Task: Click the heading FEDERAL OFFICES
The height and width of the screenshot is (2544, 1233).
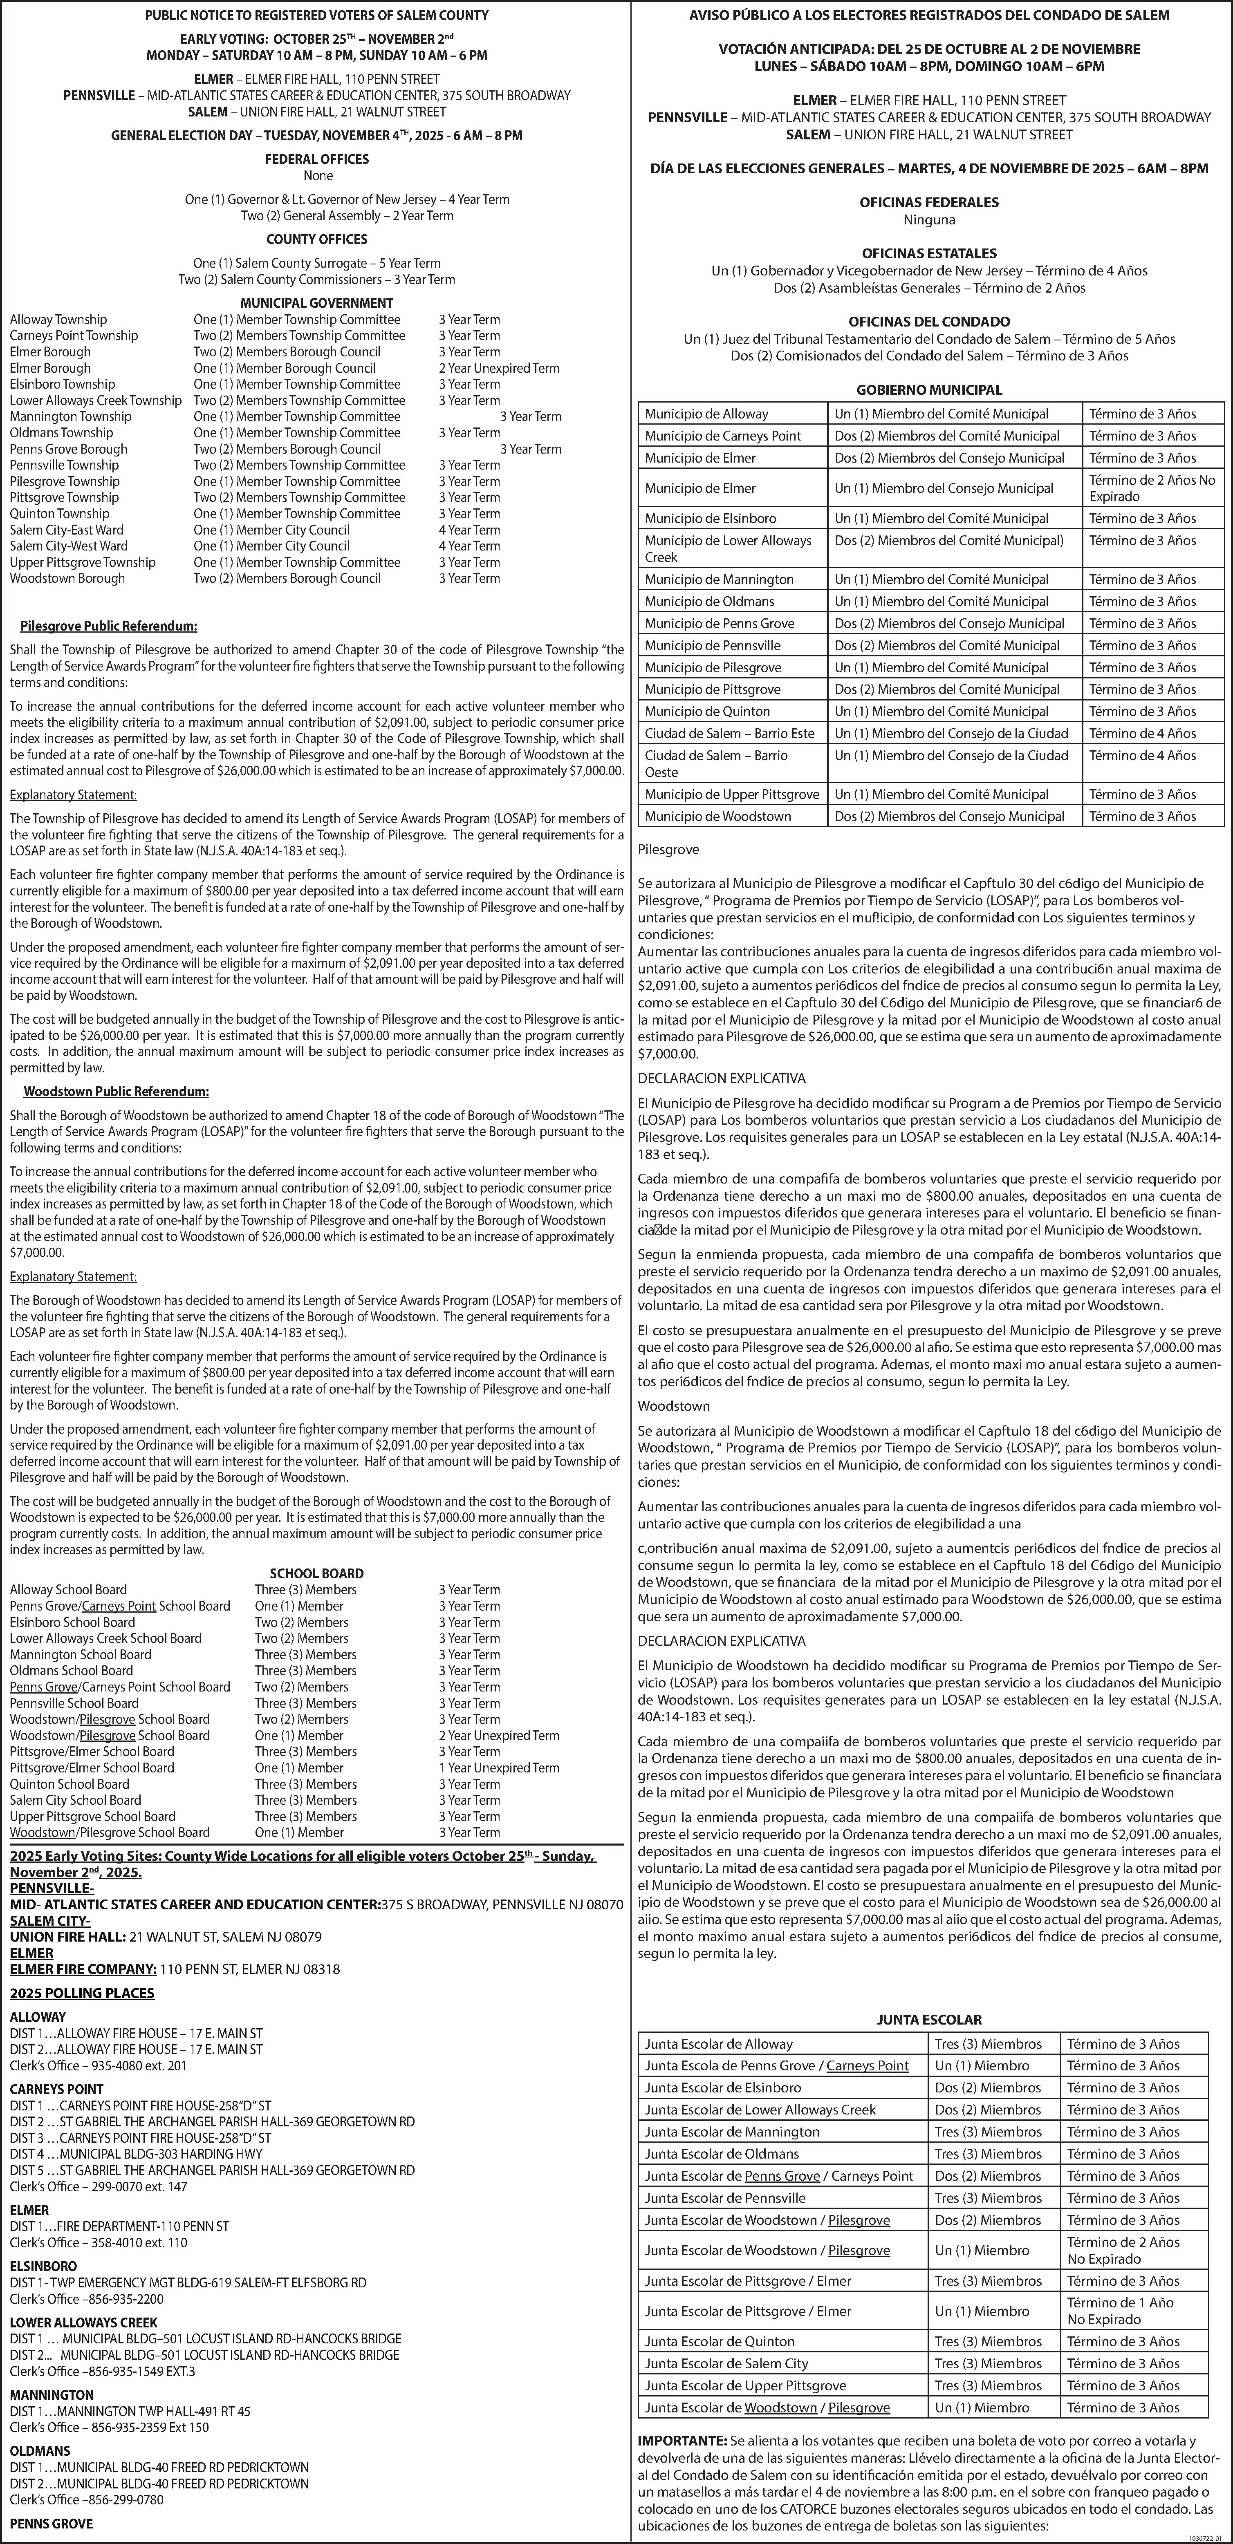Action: pyautogui.click(x=316, y=159)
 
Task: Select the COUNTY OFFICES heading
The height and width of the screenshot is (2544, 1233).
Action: pyautogui.click(x=316, y=239)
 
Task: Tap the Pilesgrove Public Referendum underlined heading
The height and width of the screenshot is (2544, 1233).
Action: pyautogui.click(x=109, y=626)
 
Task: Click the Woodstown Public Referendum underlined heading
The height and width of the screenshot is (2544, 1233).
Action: pyautogui.click(x=116, y=1091)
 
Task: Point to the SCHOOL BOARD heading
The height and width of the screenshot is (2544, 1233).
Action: pyautogui.click(x=316, y=1573)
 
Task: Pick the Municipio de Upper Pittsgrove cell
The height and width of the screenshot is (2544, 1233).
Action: pyautogui.click(x=731, y=794)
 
